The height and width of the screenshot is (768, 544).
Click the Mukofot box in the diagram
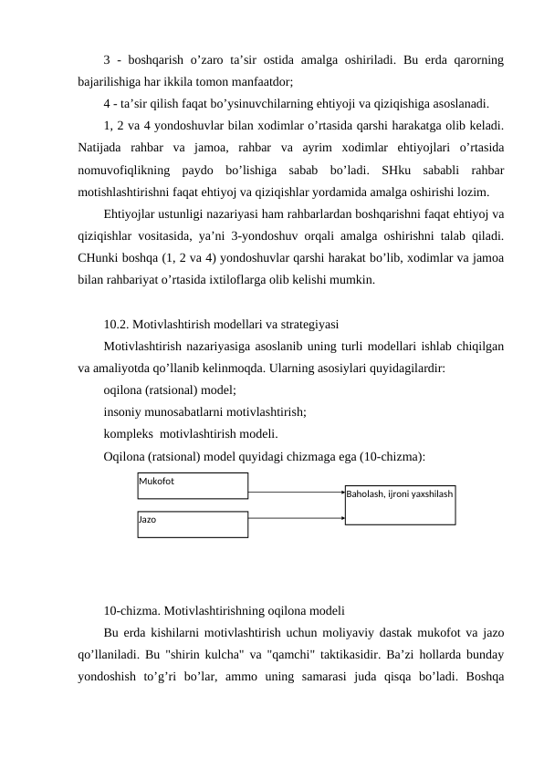click(193, 486)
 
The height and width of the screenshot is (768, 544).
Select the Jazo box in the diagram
click(193, 524)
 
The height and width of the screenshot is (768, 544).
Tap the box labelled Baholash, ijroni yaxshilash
click(399, 504)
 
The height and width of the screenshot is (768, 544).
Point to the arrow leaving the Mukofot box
click(296, 493)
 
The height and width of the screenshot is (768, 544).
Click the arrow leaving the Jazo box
click(296, 519)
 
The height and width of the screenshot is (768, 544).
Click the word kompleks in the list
click(130, 433)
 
